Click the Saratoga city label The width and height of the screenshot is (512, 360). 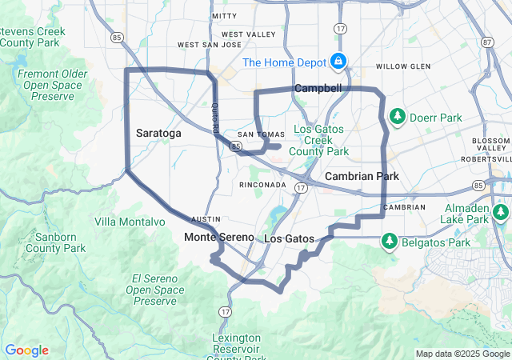[x=158, y=133]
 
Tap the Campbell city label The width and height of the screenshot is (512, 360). [x=318, y=88]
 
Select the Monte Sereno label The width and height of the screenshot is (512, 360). [x=218, y=238]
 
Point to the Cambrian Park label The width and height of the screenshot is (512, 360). [x=362, y=176]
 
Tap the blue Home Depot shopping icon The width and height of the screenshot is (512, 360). [x=338, y=62]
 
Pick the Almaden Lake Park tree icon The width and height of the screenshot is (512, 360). [x=501, y=213]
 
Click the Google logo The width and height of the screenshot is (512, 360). [x=26, y=350]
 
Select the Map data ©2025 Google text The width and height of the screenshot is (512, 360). [x=462, y=354]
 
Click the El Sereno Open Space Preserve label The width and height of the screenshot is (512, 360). [x=154, y=290]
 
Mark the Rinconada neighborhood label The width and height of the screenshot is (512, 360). [x=262, y=185]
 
